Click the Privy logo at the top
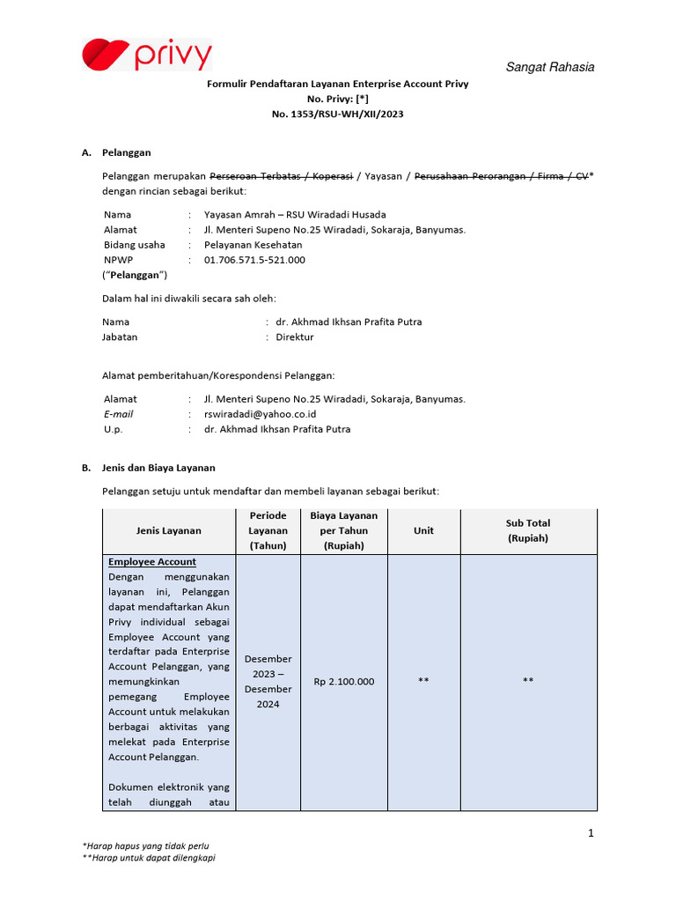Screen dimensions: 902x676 pyautogui.click(x=147, y=55)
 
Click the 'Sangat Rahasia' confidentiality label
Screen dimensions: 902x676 pyautogui.click(x=549, y=68)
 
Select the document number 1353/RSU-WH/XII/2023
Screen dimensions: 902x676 pyautogui.click(x=338, y=114)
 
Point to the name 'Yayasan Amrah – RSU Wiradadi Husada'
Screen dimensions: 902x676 pyautogui.click(x=295, y=214)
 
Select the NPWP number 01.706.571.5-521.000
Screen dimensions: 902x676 pyautogui.click(x=254, y=260)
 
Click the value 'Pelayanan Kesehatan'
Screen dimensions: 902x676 pyautogui.click(x=253, y=245)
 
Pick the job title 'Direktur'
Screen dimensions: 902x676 pyautogui.click(x=295, y=336)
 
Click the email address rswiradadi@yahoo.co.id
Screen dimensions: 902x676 pyautogui.click(x=260, y=414)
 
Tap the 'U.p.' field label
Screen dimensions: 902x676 pyautogui.click(x=114, y=429)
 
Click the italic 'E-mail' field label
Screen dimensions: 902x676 pyautogui.click(x=119, y=414)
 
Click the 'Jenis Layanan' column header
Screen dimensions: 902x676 pyautogui.click(x=168, y=530)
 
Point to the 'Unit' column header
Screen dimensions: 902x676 pyautogui.click(x=423, y=530)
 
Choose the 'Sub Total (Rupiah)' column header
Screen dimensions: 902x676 pyautogui.click(x=527, y=530)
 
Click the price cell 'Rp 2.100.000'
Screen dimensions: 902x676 pyautogui.click(x=344, y=681)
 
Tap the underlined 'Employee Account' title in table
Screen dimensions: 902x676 pyautogui.click(x=152, y=562)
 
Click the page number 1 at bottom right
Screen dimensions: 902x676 pyautogui.click(x=591, y=832)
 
